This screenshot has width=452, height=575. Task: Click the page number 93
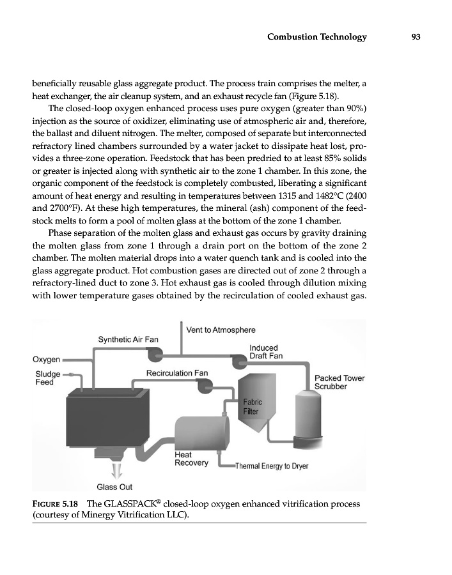tap(415, 37)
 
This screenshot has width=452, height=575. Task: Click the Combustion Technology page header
tap(316, 37)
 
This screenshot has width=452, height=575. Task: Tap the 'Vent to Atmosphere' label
tap(221, 330)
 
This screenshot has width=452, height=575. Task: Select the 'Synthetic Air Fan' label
tap(128, 338)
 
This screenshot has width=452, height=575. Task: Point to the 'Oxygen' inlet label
tap(46, 358)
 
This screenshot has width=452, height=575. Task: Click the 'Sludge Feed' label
tap(47, 378)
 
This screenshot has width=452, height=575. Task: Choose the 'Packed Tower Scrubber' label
tap(339, 382)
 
